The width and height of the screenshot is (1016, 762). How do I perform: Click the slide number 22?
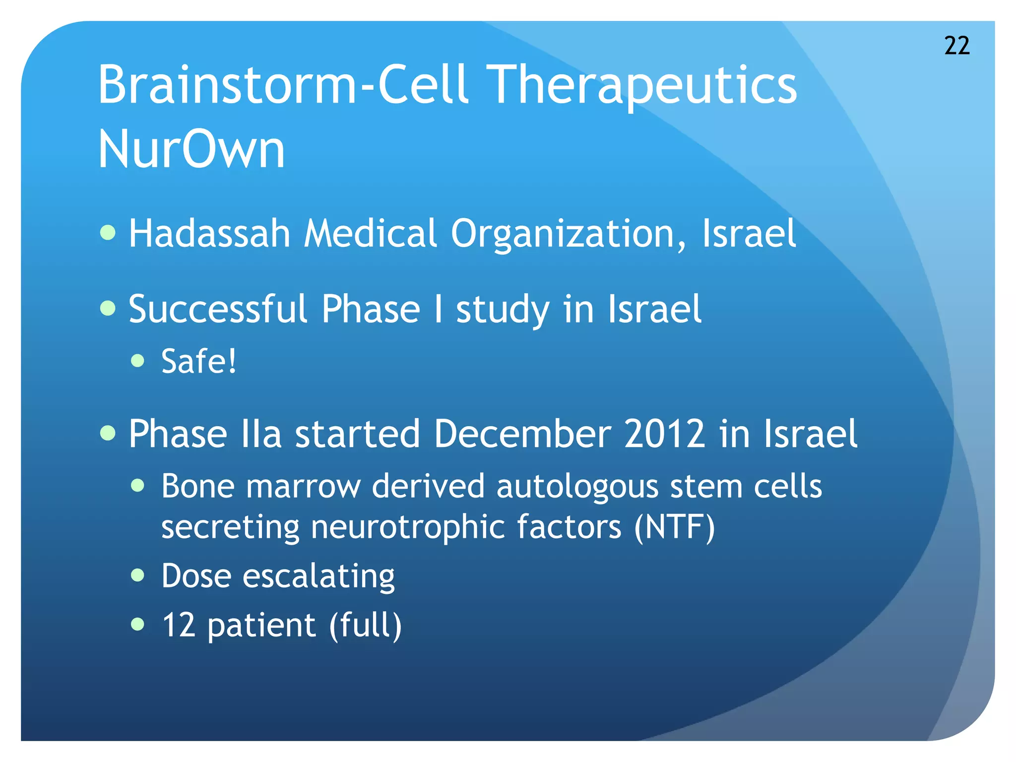tap(957, 46)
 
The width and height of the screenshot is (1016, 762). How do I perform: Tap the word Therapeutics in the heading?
tap(643, 85)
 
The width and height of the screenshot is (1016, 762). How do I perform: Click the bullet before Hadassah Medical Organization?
tap(108, 232)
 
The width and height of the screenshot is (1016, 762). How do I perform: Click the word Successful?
tap(218, 309)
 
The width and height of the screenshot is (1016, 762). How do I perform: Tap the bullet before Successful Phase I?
tap(108, 308)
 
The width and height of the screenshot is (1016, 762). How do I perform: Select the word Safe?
tap(199, 361)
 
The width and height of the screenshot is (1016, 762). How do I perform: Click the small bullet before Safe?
tap(138, 361)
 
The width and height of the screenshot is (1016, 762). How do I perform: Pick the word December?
tap(522, 434)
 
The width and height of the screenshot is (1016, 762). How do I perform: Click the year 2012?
tap(664, 434)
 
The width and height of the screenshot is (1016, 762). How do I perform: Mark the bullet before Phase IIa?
tap(108, 433)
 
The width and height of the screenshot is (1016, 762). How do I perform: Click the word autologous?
tap(577, 487)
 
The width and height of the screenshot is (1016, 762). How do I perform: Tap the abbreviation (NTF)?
tap(675, 527)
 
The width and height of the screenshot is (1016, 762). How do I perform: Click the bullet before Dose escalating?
tap(138, 575)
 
